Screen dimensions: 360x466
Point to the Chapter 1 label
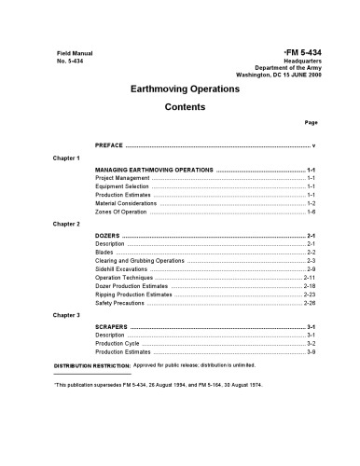[66, 158]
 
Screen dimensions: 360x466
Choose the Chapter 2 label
[66, 225]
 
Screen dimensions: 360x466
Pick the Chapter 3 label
[66, 316]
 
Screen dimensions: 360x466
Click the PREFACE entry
[109, 146]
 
